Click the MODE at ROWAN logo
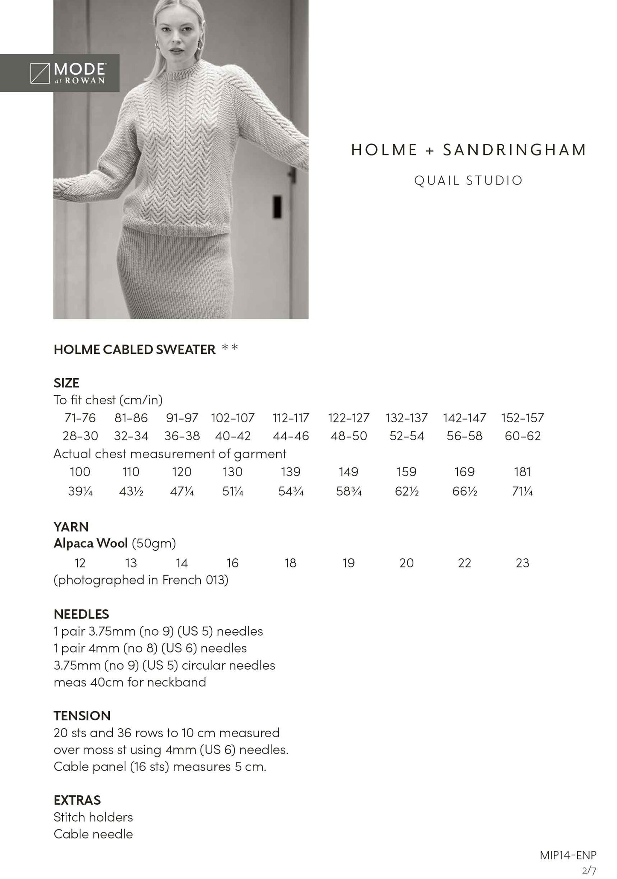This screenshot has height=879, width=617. pyautogui.click(x=67, y=73)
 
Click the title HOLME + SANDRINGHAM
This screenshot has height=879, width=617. pyautogui.click(x=468, y=150)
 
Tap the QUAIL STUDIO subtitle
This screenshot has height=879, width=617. pyautogui.click(x=468, y=181)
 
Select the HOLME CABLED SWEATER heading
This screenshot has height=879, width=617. pyautogui.click(x=135, y=350)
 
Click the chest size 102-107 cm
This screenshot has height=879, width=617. pyautogui.click(x=233, y=418)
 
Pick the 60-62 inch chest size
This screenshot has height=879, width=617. pyautogui.click(x=523, y=436)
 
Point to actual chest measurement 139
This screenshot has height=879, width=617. pyautogui.click(x=290, y=472)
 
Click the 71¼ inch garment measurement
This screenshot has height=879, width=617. pyautogui.click(x=523, y=491)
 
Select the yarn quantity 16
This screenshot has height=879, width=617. pyautogui.click(x=232, y=563)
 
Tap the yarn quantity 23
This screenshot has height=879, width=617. pyautogui.click(x=523, y=563)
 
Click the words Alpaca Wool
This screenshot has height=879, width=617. pyautogui.click(x=91, y=543)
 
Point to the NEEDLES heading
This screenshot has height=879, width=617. pyautogui.click(x=81, y=614)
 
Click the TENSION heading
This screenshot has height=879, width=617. pyautogui.click(x=82, y=715)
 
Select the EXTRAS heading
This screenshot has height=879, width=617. pyautogui.click(x=77, y=800)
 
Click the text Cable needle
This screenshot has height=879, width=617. pyautogui.click(x=93, y=834)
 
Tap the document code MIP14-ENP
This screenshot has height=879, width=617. pyautogui.click(x=568, y=855)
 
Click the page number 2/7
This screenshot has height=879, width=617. pyautogui.click(x=589, y=870)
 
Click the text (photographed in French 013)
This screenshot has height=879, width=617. pyautogui.click(x=141, y=580)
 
